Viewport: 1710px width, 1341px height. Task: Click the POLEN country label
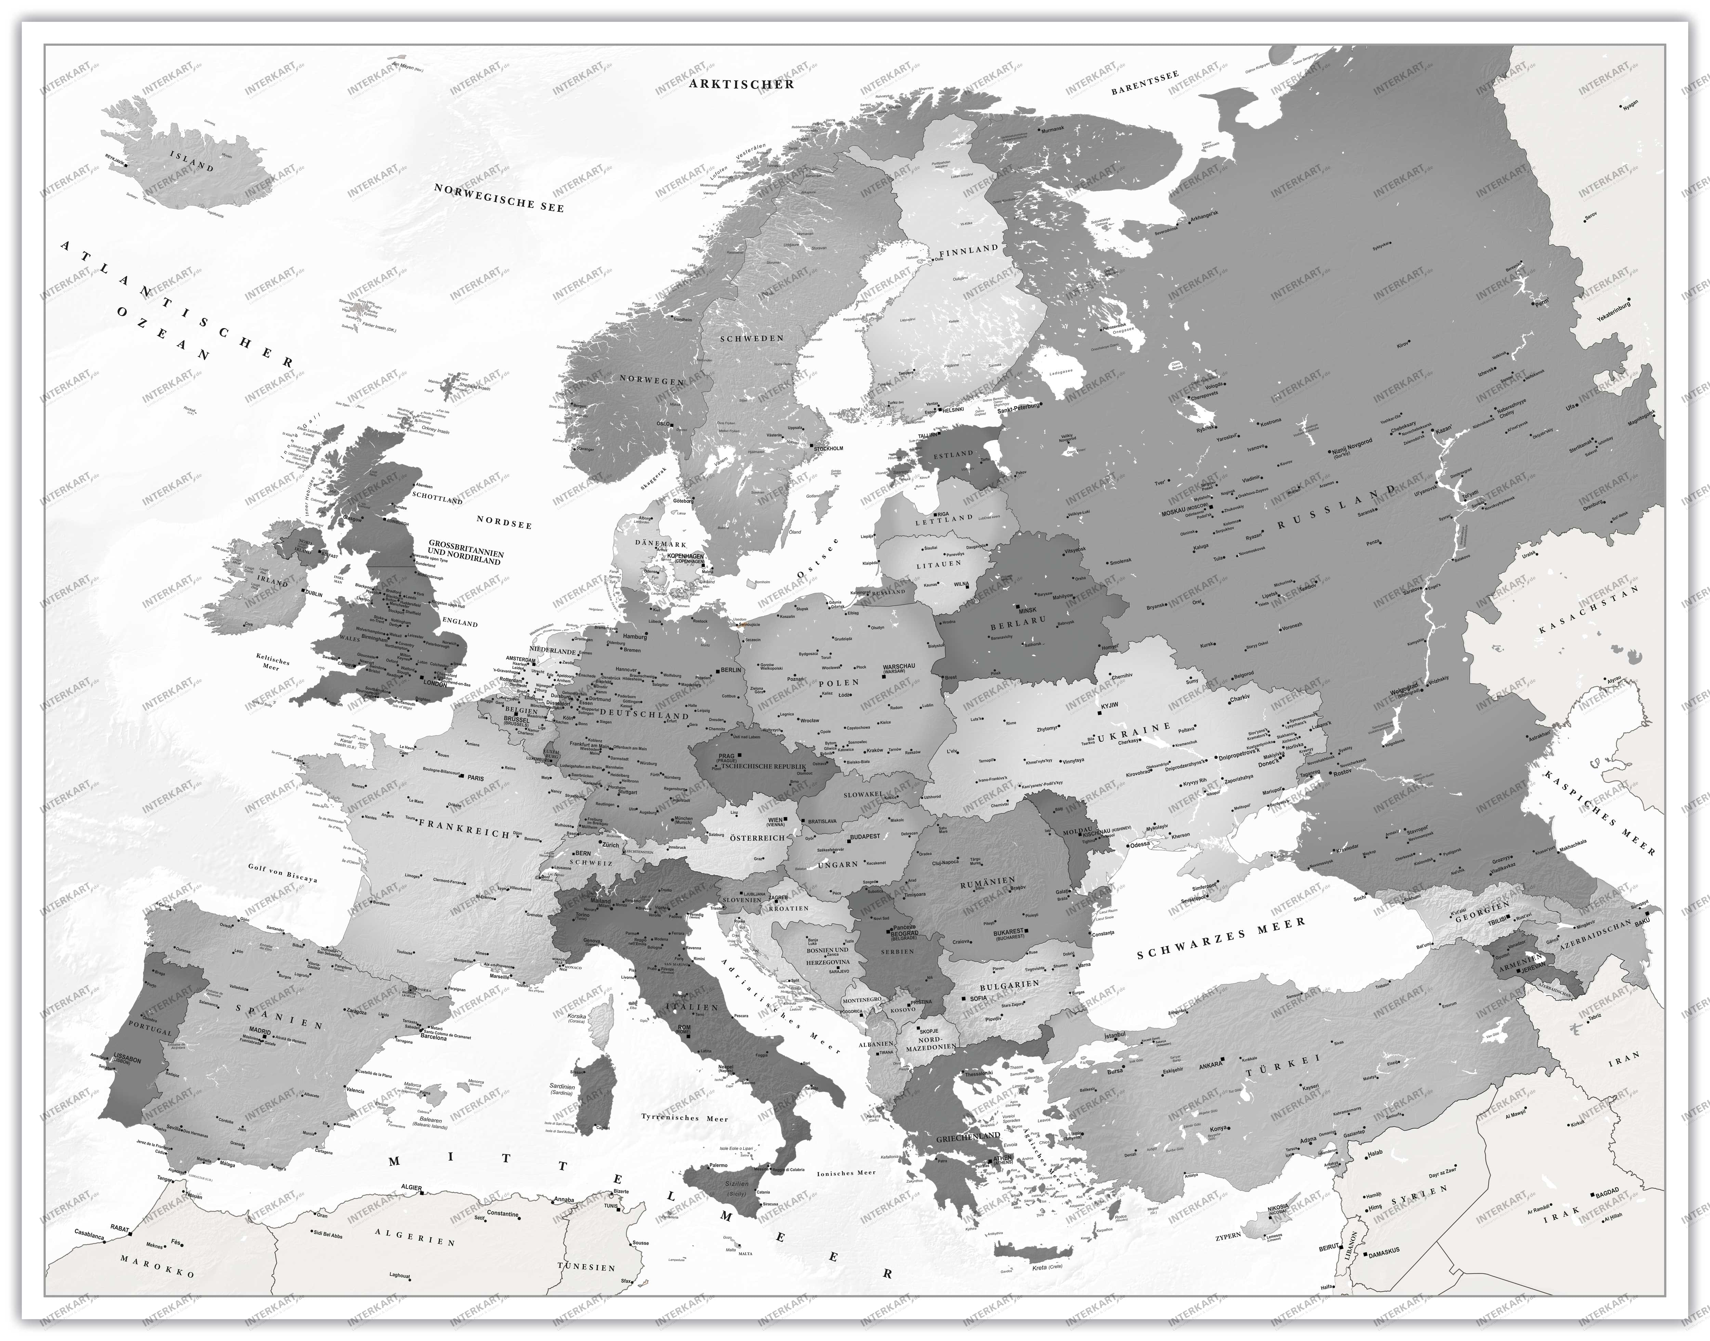[838, 683]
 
